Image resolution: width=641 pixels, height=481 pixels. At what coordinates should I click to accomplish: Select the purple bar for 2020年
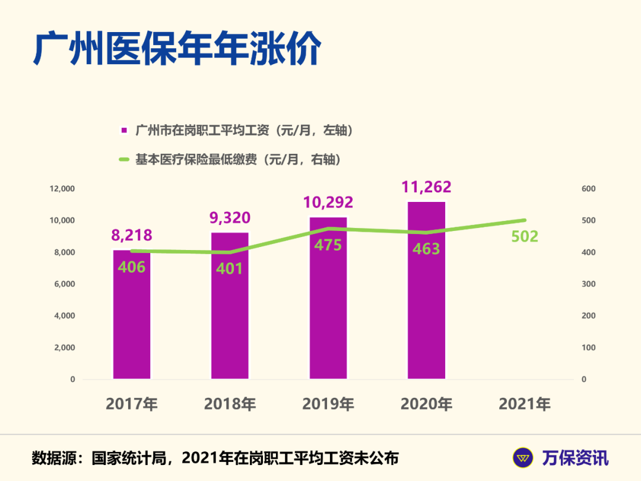[426, 297]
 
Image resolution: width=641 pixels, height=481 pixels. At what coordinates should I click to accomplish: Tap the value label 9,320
[230, 218]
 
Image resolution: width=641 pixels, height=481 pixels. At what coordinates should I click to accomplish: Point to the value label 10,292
[328, 202]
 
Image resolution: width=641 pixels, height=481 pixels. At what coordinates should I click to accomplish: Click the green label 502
[525, 236]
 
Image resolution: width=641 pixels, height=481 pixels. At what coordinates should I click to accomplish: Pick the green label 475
[328, 244]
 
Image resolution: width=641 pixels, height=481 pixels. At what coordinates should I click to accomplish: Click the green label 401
[230, 268]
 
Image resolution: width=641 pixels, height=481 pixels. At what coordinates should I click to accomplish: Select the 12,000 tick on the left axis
[62, 189]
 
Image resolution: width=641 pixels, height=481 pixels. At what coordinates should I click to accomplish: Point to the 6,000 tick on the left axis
[64, 284]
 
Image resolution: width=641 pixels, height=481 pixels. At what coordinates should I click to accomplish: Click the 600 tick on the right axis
[588, 189]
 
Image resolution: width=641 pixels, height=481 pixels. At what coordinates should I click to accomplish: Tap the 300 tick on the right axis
[588, 284]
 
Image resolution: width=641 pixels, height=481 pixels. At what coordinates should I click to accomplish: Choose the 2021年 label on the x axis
[525, 404]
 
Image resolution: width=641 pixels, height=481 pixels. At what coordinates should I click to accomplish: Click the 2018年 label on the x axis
[230, 404]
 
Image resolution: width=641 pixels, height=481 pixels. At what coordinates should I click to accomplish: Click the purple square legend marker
[124, 130]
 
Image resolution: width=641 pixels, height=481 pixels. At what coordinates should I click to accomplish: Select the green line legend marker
[124, 159]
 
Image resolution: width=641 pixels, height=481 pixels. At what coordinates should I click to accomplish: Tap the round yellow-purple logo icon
[523, 458]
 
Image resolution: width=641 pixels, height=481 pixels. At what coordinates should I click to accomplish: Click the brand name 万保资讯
[575, 458]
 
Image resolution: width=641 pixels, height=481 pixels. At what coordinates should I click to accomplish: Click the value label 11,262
[426, 186]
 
